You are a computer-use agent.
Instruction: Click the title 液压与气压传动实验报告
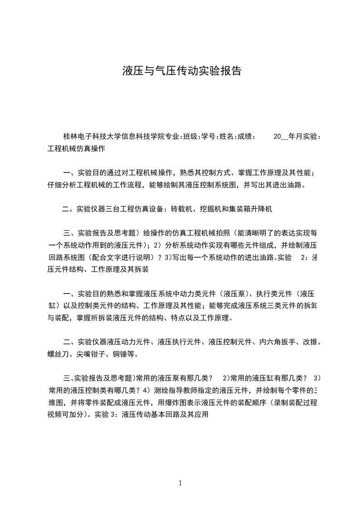pyautogui.click(x=182, y=71)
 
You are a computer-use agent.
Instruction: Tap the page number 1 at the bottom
pyautogui.click(x=180, y=483)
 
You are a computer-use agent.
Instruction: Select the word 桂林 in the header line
pyautogui.click(x=70, y=136)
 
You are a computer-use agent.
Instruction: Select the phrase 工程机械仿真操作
pyautogui.click(x=76, y=148)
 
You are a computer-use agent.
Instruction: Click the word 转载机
pyautogui.click(x=181, y=209)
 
